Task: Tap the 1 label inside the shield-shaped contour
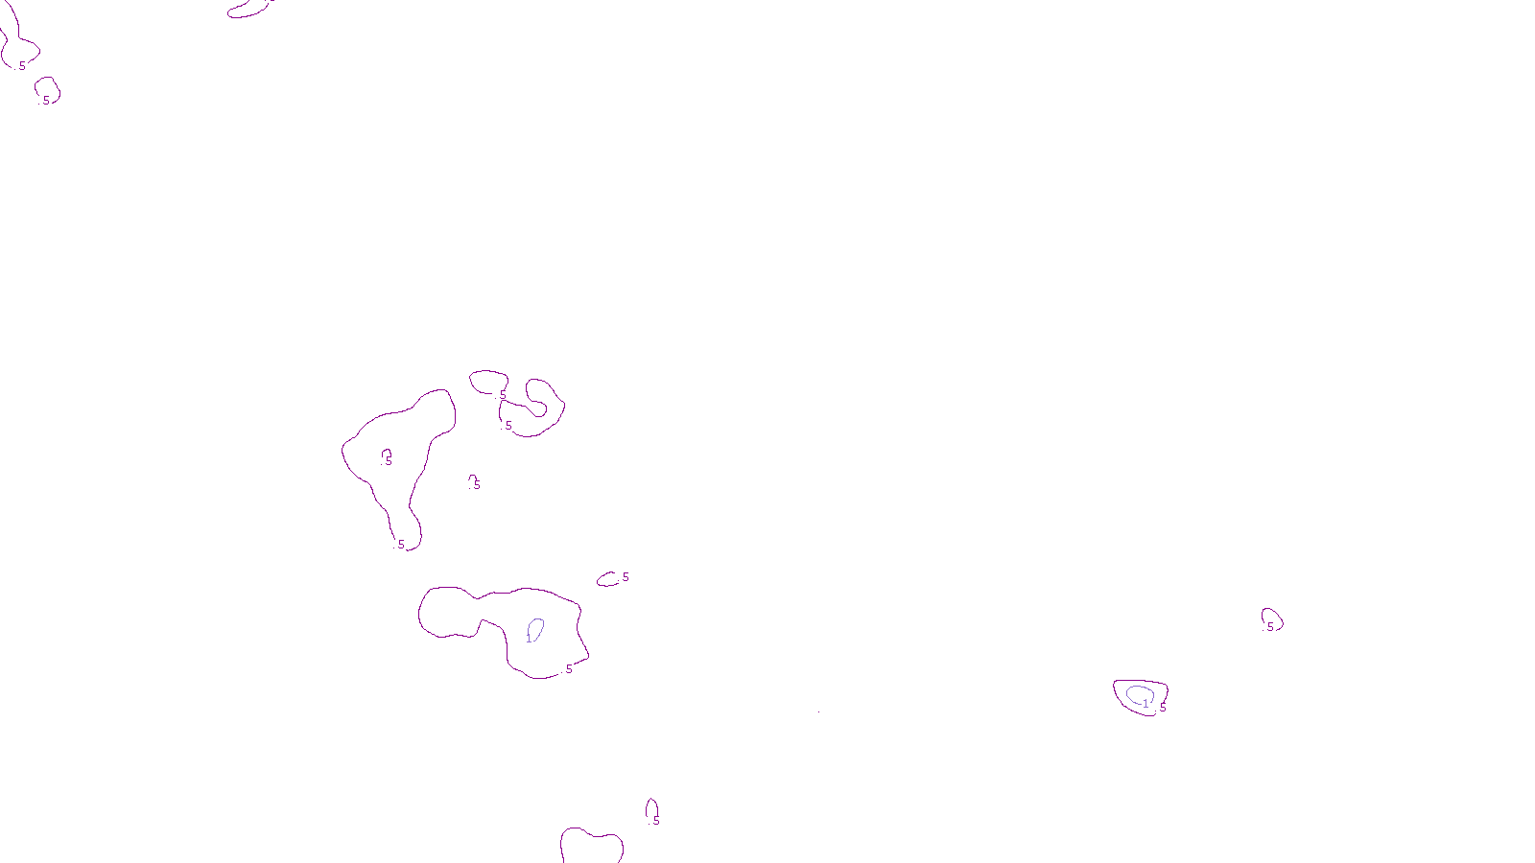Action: [x=1145, y=704]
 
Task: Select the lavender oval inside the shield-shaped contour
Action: [x=1139, y=693]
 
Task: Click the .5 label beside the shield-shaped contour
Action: [x=1162, y=708]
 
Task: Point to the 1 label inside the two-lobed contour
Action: [x=529, y=639]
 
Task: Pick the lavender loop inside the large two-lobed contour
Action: [x=536, y=629]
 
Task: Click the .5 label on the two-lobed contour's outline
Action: [x=568, y=669]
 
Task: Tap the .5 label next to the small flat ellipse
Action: [x=625, y=577]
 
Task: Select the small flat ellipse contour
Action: [x=607, y=579]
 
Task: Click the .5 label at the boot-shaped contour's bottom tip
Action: [x=401, y=545]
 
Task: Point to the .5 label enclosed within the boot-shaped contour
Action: [x=388, y=461]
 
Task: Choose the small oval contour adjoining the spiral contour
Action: [x=487, y=381]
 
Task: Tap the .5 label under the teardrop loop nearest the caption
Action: [x=655, y=821]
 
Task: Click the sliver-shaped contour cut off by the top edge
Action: [x=248, y=11]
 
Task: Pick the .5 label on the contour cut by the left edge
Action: [x=21, y=66]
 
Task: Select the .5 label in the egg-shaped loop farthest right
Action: [x=1270, y=627]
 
